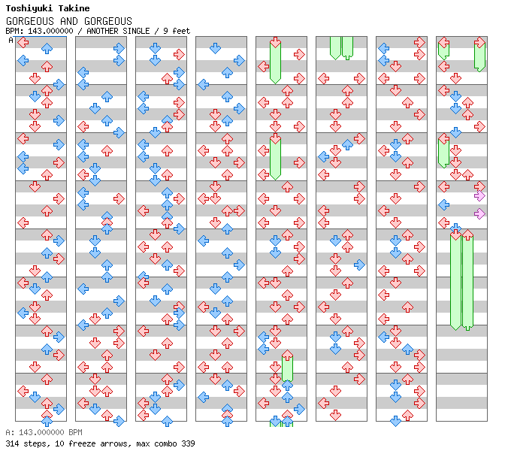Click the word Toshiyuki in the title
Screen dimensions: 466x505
pyautogui.click(x=29, y=9)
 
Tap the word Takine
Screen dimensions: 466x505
pyautogui.click(x=74, y=9)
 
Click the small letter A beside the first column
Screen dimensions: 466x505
pyautogui.click(x=11, y=41)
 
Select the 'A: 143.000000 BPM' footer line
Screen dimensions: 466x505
pyautogui.click(x=43, y=433)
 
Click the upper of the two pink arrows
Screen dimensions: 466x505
pyautogui.click(x=479, y=196)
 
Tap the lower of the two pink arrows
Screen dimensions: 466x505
pyautogui.click(x=479, y=214)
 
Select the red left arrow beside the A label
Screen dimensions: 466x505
pyautogui.click(x=23, y=43)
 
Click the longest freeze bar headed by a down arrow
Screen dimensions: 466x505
pyautogui.click(x=455, y=282)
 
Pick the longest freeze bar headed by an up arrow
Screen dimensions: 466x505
pyautogui.click(x=467, y=282)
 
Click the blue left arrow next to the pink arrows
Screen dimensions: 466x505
pyautogui.click(x=443, y=204)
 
